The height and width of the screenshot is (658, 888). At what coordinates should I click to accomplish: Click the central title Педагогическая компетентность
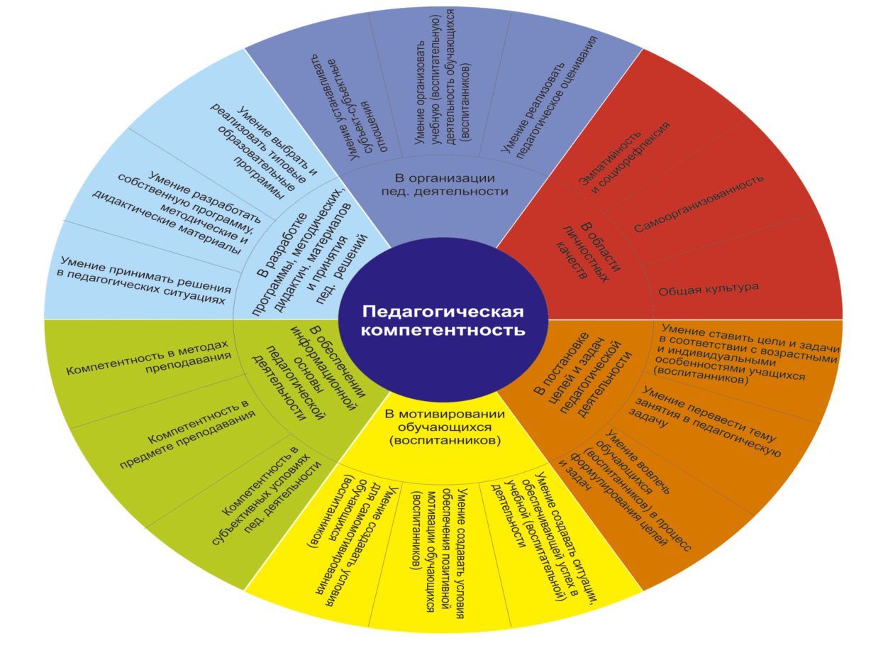click(x=444, y=321)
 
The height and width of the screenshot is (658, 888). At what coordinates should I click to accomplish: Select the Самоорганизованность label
click(x=699, y=203)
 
